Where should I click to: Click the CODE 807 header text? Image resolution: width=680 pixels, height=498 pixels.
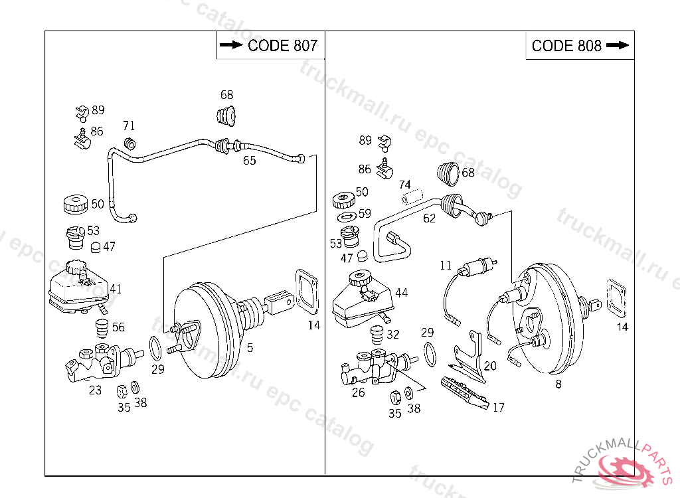[282, 45]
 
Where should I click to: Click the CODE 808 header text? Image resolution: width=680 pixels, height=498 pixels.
[566, 45]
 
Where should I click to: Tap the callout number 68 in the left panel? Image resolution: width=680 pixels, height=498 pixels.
[227, 95]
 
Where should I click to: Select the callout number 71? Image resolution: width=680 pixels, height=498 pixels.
[129, 125]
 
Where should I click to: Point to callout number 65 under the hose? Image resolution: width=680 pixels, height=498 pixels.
[249, 160]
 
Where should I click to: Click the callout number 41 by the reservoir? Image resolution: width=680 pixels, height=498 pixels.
[116, 289]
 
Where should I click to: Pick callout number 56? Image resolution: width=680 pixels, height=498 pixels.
[118, 327]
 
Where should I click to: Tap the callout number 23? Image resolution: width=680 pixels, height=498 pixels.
[96, 390]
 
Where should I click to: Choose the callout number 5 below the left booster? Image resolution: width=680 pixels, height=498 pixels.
[250, 347]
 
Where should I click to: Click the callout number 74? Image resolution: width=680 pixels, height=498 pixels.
[404, 185]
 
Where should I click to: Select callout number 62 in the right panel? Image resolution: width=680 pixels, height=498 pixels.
[430, 218]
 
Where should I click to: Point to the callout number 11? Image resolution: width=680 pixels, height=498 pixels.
[445, 266]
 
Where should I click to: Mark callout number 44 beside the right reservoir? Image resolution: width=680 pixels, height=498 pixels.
[401, 292]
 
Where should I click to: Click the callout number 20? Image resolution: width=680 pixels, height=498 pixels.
[490, 365]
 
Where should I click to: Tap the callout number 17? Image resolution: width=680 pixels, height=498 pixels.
[498, 407]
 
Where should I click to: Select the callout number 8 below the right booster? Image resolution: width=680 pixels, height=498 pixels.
[558, 383]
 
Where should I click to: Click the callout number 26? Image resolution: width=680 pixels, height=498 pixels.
[358, 392]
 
